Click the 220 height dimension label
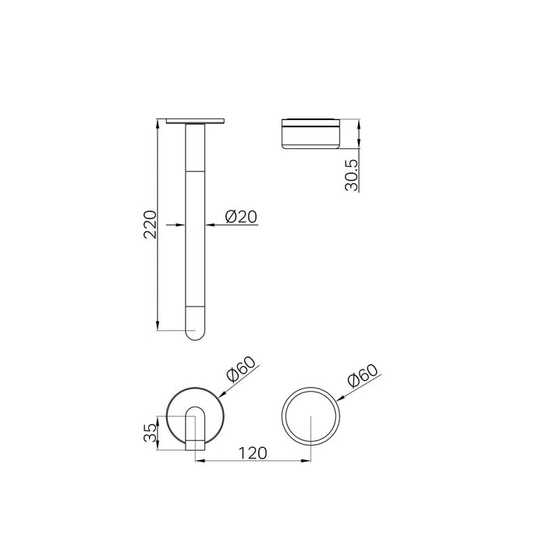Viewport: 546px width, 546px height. [151, 225]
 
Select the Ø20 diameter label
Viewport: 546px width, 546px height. [241, 217]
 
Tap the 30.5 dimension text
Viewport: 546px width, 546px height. [352, 175]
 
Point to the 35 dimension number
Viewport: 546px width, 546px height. [151, 432]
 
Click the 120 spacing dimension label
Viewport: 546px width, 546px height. [253, 453]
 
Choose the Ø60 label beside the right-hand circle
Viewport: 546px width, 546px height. [363, 376]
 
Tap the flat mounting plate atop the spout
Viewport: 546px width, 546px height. [195, 121]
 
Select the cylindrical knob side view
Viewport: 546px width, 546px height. [310, 134]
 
